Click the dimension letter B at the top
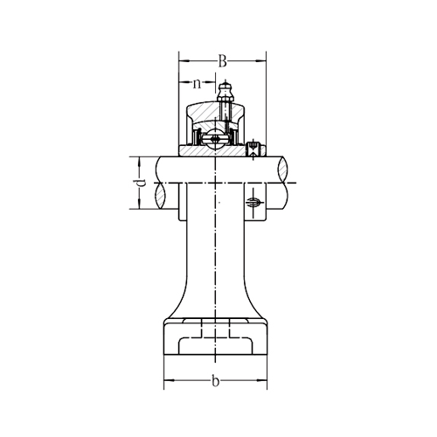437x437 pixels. pos(222,61)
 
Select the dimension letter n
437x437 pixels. pos(198,84)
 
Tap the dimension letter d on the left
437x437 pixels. pos(141,183)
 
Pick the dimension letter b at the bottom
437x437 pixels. pos(215,381)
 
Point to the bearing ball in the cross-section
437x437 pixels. pos(215,139)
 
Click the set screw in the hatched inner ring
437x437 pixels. pos(253,149)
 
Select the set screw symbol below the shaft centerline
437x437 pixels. pos(253,202)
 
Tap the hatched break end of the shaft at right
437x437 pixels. pos(283,170)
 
